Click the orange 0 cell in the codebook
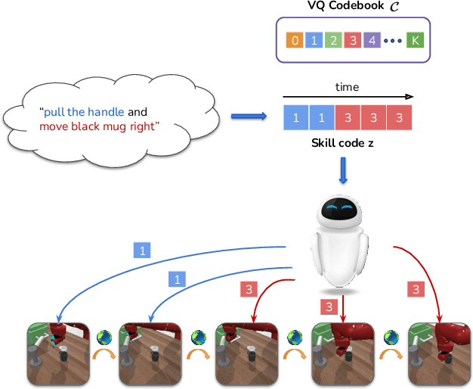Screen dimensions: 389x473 tap(295, 40)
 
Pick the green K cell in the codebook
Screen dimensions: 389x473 tap(414, 40)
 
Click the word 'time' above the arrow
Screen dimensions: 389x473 tap(347, 87)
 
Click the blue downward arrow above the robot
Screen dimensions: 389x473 tap(344, 170)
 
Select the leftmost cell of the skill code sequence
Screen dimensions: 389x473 tap(295, 117)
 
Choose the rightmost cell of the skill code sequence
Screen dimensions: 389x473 tap(398, 117)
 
